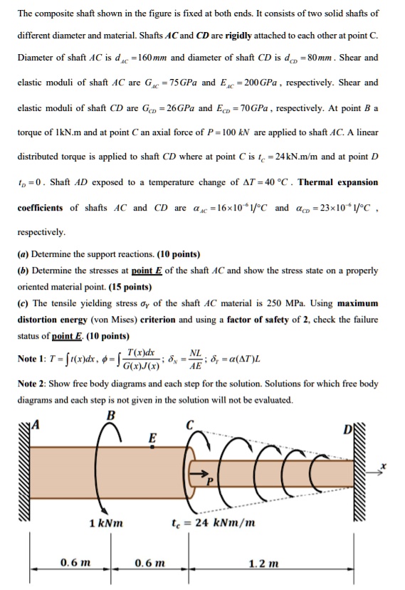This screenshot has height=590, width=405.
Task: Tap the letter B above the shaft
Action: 109,416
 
